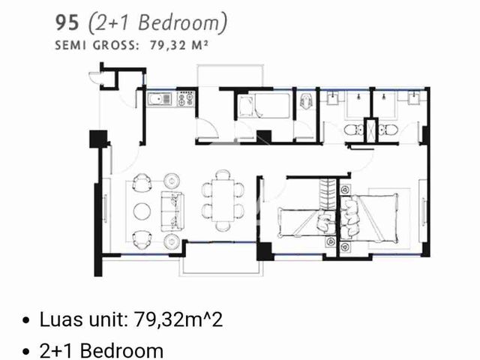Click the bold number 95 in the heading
(67, 23)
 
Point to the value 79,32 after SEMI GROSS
(168, 46)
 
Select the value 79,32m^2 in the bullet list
(178, 319)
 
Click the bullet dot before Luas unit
(26, 320)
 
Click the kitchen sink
(159, 100)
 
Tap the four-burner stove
(185, 98)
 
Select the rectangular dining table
(223, 200)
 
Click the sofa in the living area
(172, 211)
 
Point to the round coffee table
(142, 211)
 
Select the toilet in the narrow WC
(306, 101)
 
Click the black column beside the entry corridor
(98, 139)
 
